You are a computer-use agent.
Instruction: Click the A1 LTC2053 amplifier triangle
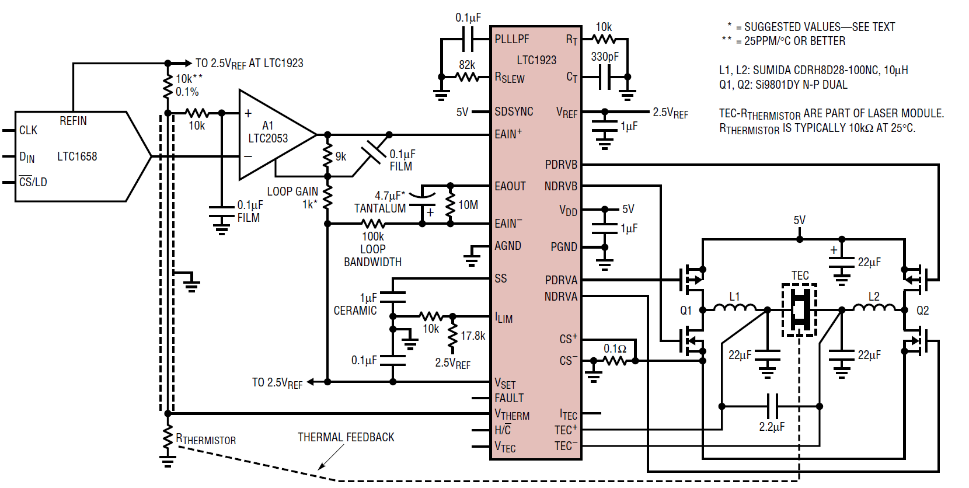tap(277, 134)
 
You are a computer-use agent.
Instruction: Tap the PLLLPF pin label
tap(512, 39)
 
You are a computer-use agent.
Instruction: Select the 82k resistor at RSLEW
tap(467, 78)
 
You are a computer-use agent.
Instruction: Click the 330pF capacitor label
tap(605, 57)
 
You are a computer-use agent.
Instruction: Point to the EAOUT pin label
tap(510, 186)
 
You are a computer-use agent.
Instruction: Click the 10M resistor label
tap(468, 205)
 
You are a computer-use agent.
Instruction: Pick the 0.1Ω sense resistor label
tap(615, 348)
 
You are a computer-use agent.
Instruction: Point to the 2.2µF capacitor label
tap(772, 427)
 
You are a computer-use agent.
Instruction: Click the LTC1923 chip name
tap(536, 60)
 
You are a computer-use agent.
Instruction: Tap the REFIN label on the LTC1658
tap(73, 121)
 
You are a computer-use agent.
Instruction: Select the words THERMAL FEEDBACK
tap(346, 437)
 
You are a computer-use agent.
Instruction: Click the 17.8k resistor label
tap(473, 335)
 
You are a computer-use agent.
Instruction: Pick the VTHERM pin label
tap(512, 414)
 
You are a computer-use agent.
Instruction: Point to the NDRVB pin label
tap(560, 186)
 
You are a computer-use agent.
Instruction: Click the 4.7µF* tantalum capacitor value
tap(390, 196)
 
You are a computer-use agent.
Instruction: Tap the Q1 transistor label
tap(686, 310)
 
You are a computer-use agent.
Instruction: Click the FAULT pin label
tap(509, 398)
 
